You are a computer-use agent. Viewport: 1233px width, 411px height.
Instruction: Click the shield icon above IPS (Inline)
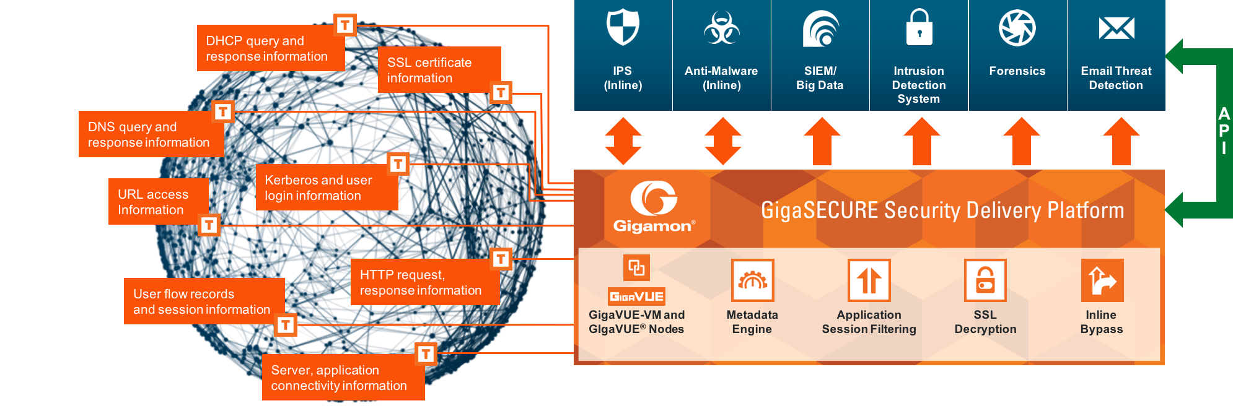(623, 27)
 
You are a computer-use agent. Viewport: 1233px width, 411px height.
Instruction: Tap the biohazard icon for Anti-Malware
(721, 28)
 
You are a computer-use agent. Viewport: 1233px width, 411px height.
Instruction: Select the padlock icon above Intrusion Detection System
(919, 28)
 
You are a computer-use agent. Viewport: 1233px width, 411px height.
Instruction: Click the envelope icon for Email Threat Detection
(1116, 28)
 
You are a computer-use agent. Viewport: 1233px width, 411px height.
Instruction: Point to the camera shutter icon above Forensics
(1017, 28)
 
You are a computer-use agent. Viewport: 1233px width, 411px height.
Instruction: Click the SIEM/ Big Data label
(820, 78)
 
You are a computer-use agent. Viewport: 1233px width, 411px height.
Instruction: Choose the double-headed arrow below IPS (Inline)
(623, 141)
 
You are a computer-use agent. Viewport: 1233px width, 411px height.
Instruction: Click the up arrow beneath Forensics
(1021, 141)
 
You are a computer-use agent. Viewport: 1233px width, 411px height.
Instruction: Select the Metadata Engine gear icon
(752, 280)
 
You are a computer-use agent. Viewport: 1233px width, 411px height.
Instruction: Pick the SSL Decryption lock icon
(985, 280)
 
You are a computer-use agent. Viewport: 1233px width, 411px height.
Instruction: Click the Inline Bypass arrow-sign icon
(1102, 280)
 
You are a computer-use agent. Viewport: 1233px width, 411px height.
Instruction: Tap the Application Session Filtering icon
(869, 280)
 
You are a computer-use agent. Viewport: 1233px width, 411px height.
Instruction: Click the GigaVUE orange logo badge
(636, 296)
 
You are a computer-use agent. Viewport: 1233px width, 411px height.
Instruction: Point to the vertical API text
(1224, 131)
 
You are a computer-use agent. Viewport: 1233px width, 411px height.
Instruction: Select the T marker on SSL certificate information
(501, 93)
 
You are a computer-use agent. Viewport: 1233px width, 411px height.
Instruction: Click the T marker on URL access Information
(209, 225)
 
